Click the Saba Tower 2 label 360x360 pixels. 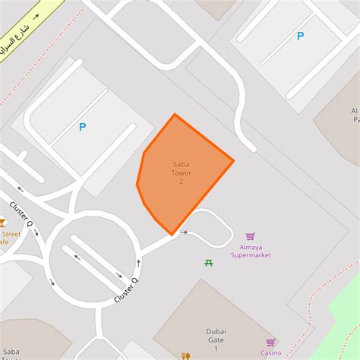182,172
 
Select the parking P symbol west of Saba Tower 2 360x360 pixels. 82,128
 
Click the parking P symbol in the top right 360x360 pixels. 300,36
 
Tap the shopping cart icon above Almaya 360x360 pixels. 251,237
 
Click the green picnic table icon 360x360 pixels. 208,263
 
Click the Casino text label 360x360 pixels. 271,352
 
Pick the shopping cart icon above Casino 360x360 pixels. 270,342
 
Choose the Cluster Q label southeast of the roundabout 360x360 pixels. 125,291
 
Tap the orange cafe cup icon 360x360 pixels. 2,223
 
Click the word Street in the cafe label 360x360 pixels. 11,234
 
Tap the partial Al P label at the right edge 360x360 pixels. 353,114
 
